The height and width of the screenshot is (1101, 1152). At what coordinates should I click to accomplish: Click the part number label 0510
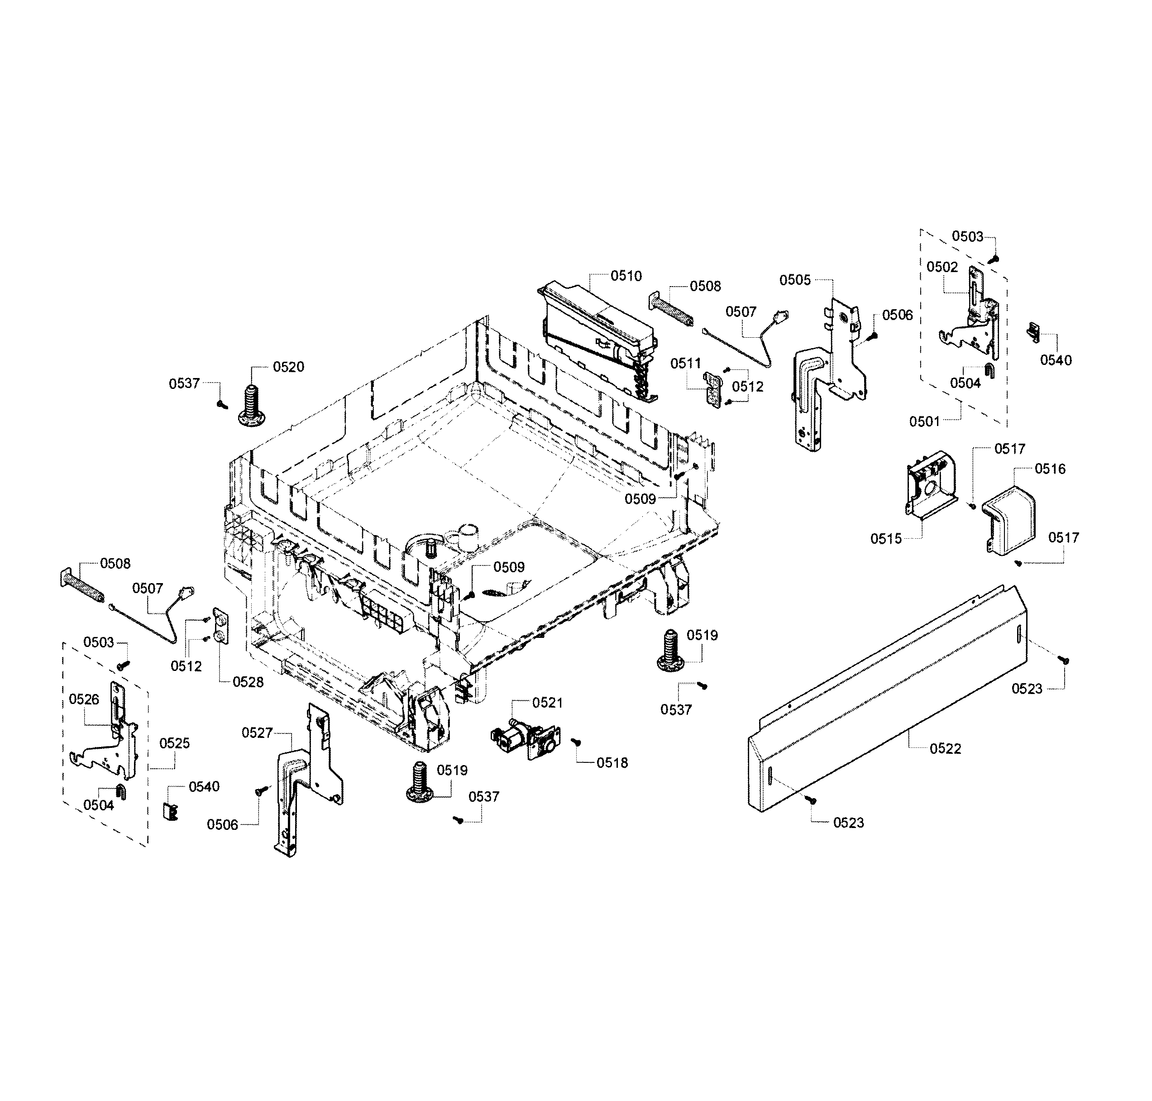point(626,276)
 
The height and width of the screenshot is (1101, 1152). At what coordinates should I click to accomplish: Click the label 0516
point(1050,469)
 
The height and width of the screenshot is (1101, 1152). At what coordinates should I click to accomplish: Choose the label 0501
point(924,421)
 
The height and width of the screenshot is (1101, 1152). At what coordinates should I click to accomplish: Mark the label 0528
point(248,682)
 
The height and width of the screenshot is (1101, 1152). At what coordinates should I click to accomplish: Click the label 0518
point(612,763)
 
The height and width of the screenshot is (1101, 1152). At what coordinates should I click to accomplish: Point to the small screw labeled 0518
point(576,742)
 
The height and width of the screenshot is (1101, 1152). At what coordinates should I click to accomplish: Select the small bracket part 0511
point(713,388)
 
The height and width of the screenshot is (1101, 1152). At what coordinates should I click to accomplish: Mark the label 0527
point(257,733)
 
